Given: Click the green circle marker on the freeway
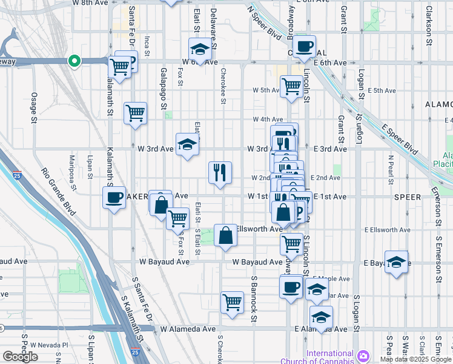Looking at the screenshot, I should (x=74, y=61).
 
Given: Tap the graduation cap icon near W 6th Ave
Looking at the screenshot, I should (x=200, y=49).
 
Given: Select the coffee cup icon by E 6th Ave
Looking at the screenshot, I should (x=305, y=45).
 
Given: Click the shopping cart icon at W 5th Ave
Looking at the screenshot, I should (x=291, y=87).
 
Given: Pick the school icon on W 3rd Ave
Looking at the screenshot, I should (x=187, y=144).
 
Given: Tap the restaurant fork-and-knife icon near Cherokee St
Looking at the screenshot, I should (x=220, y=173).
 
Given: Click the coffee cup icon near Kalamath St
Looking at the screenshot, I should (x=113, y=198).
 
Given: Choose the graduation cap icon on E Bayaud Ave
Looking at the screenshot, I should (x=396, y=262).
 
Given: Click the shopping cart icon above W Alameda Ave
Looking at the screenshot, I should (x=233, y=302).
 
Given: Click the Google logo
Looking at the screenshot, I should (x=19, y=357).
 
